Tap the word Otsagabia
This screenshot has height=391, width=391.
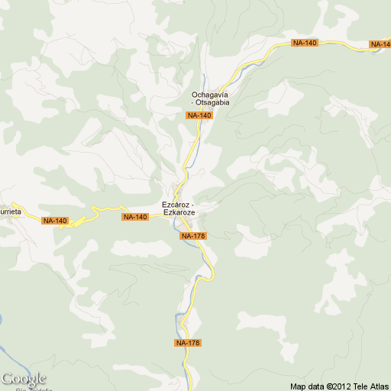tap(214, 102)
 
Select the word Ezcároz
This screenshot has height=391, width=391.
tap(175, 205)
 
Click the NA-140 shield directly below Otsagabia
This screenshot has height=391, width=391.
tap(199, 115)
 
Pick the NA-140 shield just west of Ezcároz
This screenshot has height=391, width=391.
tap(134, 217)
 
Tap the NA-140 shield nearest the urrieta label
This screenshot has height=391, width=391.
tap(55, 221)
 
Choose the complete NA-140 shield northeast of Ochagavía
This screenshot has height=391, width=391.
tap(304, 43)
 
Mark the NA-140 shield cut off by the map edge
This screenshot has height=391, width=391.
tap(380, 44)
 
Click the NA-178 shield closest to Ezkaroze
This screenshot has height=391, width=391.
tap(194, 236)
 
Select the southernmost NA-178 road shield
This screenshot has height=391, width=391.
tap(187, 343)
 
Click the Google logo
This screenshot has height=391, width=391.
tap(24, 379)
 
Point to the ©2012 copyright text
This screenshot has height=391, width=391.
tap(338, 386)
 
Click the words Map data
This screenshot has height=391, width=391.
tap(307, 386)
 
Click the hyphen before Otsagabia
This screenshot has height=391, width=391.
tap(193, 102)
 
